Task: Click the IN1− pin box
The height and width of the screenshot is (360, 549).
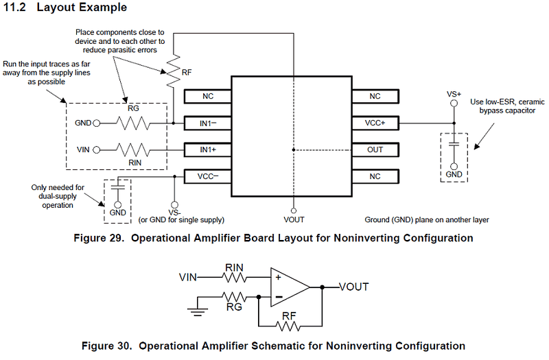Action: point(207,123)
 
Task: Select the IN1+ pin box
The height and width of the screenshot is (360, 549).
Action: point(207,149)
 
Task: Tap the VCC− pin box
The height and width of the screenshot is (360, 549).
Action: point(207,176)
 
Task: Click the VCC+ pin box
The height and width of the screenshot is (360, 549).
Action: point(375,123)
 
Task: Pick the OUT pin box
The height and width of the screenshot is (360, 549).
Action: point(375,149)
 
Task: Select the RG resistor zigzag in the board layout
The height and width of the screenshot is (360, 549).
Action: point(132,123)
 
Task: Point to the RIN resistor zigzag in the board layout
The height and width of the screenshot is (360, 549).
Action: point(132,149)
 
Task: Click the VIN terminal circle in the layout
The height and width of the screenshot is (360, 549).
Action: point(97,149)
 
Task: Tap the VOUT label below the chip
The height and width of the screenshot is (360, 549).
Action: point(293,219)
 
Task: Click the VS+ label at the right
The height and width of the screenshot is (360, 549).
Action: point(454,93)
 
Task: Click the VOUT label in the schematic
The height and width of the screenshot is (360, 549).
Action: point(354,287)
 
